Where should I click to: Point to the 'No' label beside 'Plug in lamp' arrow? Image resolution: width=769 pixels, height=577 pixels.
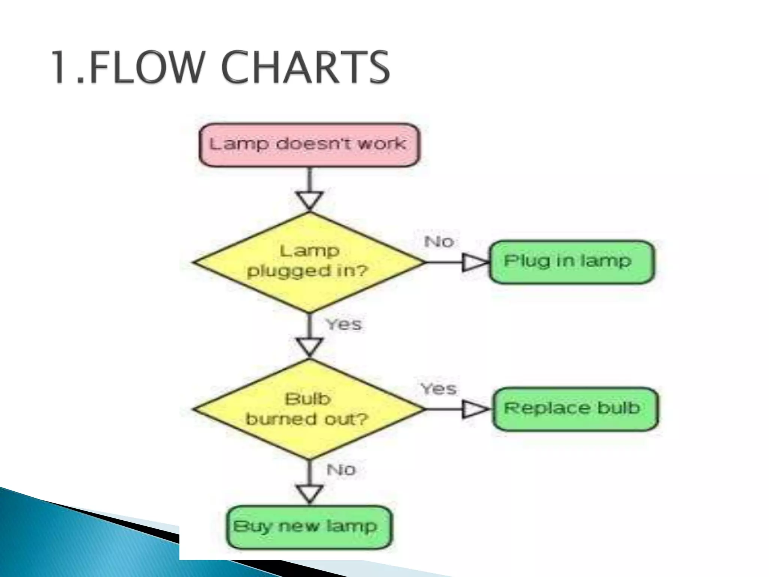pyautogui.click(x=439, y=242)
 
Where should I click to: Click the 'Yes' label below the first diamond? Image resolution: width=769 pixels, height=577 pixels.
pyautogui.click(x=344, y=324)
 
